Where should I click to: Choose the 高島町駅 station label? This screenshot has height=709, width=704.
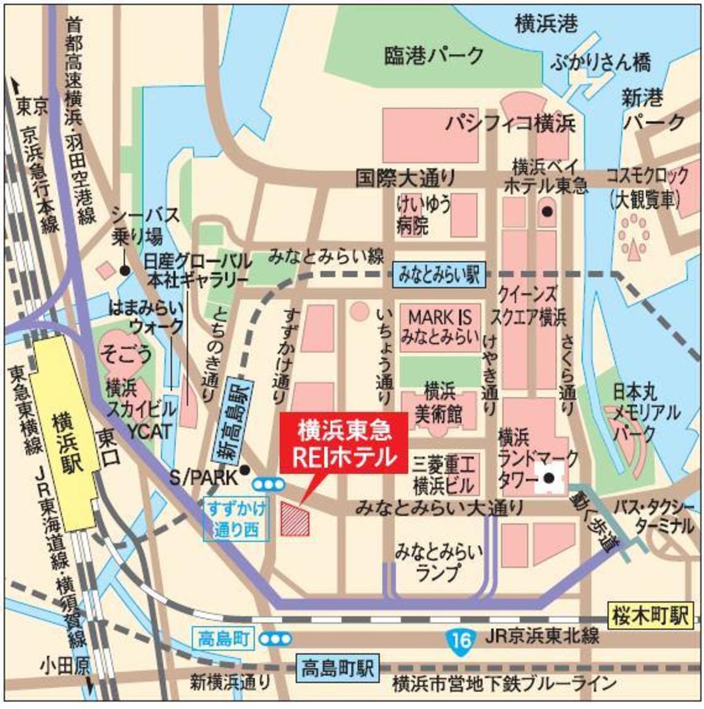(x=337, y=666)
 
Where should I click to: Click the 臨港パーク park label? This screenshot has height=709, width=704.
(x=434, y=57)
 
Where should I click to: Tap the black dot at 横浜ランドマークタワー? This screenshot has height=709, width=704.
(x=549, y=479)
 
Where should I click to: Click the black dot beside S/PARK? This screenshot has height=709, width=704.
(x=245, y=470)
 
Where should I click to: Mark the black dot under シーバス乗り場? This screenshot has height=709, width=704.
(x=125, y=270)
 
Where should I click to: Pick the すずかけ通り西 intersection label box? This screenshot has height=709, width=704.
(x=236, y=519)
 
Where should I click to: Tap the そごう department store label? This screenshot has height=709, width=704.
(x=125, y=354)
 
